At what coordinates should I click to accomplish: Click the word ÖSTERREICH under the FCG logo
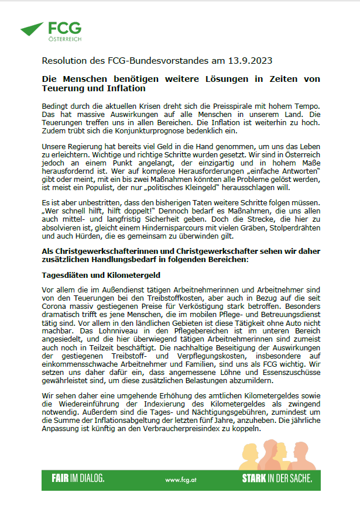[x=65, y=39]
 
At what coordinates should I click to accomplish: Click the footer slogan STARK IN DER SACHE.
[x=277, y=478]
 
